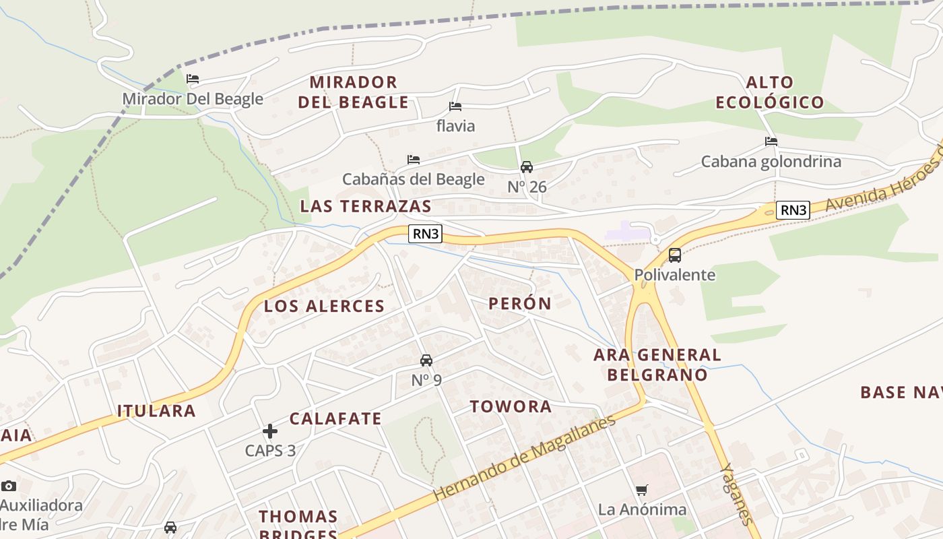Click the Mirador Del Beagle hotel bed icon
(x=193, y=79)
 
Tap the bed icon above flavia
(x=455, y=106)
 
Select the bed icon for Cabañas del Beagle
(x=414, y=160)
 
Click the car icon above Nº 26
(x=527, y=167)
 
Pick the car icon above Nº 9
(x=426, y=360)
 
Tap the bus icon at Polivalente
(x=675, y=255)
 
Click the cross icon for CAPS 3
(x=270, y=431)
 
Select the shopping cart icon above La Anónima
(x=642, y=490)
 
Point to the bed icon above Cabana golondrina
(x=771, y=141)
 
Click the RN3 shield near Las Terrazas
(x=426, y=234)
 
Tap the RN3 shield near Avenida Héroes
(x=793, y=210)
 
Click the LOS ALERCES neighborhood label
(x=324, y=307)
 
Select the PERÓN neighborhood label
(x=520, y=304)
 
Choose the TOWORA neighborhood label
(x=511, y=407)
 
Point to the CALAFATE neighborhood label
(x=335, y=418)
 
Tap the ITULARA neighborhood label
(x=156, y=411)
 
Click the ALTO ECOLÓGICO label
(x=770, y=92)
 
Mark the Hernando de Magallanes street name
(x=525, y=459)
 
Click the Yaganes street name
(x=736, y=494)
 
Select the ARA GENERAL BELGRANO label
(x=657, y=364)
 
